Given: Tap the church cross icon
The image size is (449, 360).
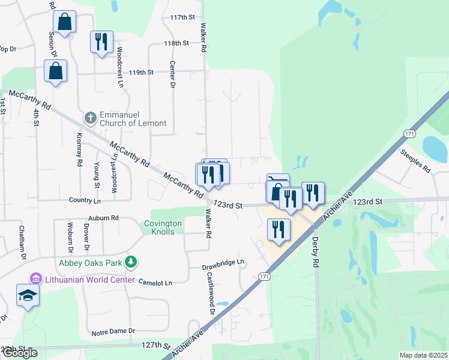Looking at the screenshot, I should point(90,117).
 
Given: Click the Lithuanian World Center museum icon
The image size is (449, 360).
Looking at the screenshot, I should point(35,279).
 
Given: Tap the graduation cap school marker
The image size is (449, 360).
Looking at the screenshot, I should point(28,296).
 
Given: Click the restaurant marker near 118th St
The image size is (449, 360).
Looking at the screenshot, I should point(101,42).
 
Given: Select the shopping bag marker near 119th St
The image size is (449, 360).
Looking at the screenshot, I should point(55,71).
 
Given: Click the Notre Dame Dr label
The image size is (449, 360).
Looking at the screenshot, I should point(113,331).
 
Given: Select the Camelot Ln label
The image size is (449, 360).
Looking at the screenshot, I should point(155,282).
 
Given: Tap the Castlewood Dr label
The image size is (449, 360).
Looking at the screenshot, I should point(211,292).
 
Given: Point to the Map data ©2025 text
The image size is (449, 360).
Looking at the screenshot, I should point(423,355).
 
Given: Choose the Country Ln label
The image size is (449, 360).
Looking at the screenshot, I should point(85,200).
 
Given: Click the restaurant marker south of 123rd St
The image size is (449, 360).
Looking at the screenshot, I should point(279,229).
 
